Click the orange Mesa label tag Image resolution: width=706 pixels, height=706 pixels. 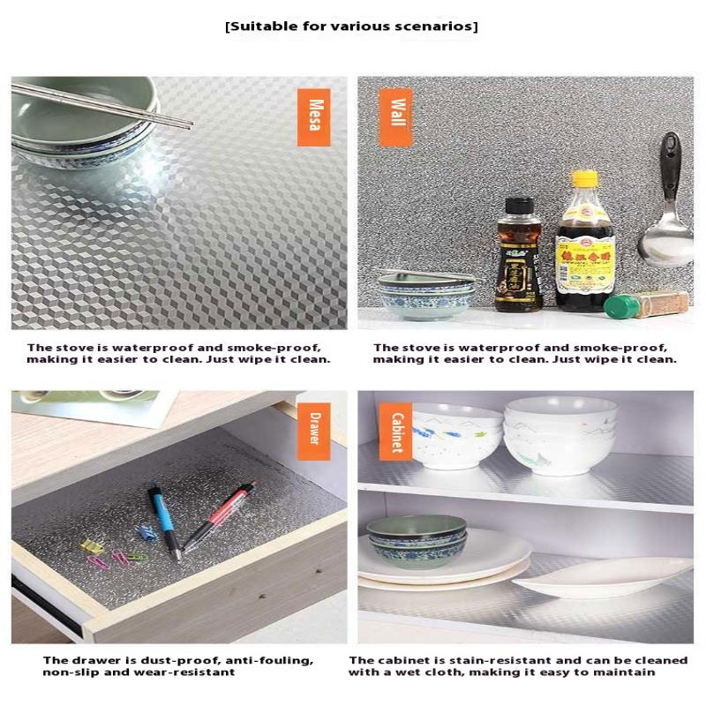(313, 117)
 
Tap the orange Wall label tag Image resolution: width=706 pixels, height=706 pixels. (395, 117)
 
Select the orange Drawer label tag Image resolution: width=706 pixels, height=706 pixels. (313, 431)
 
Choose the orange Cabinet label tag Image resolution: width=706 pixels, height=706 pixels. (395, 431)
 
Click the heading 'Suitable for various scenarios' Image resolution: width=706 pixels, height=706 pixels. (352, 26)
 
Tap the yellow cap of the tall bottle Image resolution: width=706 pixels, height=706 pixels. (584, 179)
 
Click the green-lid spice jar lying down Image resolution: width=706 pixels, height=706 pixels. (647, 304)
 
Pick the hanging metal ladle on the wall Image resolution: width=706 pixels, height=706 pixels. (668, 212)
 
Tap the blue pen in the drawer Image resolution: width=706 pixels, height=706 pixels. (165, 521)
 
